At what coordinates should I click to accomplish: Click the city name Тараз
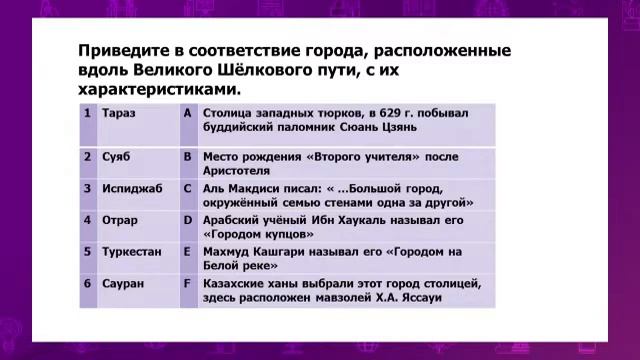(119, 113)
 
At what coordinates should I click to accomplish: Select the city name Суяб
(116, 157)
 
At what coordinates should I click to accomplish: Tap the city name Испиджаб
(128, 188)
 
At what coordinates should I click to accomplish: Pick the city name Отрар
(120, 220)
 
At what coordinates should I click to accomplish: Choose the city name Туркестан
(131, 252)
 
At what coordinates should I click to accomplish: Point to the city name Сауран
(123, 284)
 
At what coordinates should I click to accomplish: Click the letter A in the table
(187, 113)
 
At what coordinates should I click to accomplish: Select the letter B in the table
(187, 157)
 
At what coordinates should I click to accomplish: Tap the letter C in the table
(187, 188)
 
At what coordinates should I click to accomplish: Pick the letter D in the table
(187, 220)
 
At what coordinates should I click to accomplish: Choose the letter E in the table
(187, 252)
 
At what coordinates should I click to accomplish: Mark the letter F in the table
(187, 284)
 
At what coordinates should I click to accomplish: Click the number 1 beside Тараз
(89, 113)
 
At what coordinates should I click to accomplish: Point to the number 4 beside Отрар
(89, 220)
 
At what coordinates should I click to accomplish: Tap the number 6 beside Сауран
(89, 284)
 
